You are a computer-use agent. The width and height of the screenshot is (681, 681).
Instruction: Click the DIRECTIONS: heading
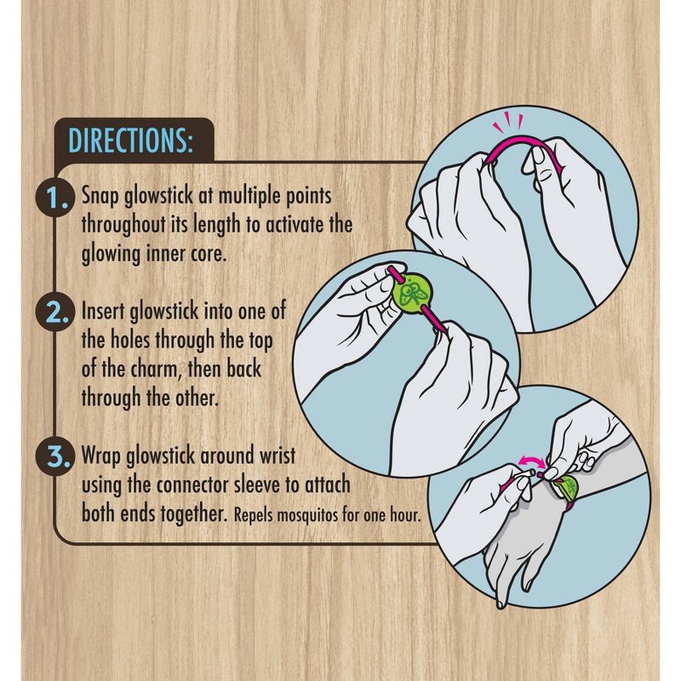point(130,140)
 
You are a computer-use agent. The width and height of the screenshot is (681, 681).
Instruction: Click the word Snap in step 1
point(100,196)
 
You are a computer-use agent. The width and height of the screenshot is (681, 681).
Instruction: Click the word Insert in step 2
point(103,311)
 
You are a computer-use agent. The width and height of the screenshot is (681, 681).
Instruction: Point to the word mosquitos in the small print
point(307,516)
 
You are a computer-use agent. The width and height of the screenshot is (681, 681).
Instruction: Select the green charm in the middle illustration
point(412,292)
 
